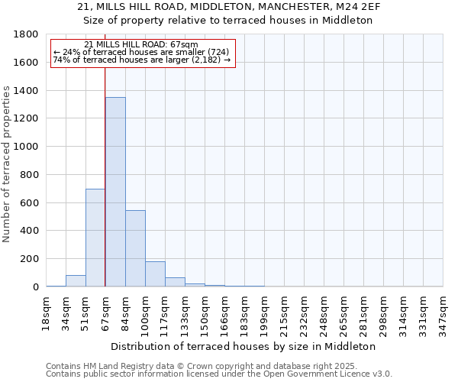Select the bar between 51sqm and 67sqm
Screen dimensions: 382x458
[x=95, y=238]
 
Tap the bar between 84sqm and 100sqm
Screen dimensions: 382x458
[x=135, y=248]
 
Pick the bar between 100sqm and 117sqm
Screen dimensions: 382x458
[x=155, y=274]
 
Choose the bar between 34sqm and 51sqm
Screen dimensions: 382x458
[x=76, y=280]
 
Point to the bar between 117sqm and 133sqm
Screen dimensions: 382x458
[x=175, y=282]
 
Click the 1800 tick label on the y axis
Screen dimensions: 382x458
[x=27, y=34]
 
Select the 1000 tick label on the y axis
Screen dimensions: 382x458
[x=27, y=147]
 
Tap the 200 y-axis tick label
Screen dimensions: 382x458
[x=30, y=259]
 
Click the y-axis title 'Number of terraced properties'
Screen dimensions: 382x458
[x=8, y=164]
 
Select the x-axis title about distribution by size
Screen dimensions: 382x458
[x=244, y=346]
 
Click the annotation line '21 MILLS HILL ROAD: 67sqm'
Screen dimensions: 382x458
[x=141, y=44]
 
